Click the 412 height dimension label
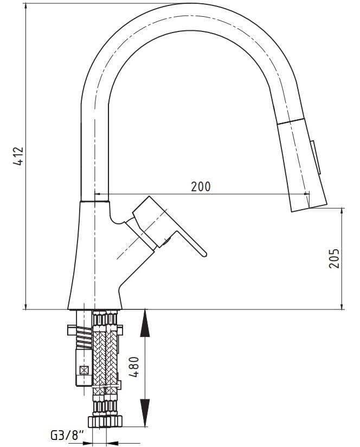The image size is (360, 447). point(18,156)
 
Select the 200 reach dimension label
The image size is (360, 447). point(201,187)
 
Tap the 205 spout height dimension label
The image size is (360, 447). point(334,258)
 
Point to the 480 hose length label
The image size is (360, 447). point(134,367)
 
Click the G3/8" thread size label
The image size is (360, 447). point(68,435)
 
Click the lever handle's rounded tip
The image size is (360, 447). point(204,254)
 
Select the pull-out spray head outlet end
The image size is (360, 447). point(309,208)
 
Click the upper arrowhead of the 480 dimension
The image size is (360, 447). point(145,323)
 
